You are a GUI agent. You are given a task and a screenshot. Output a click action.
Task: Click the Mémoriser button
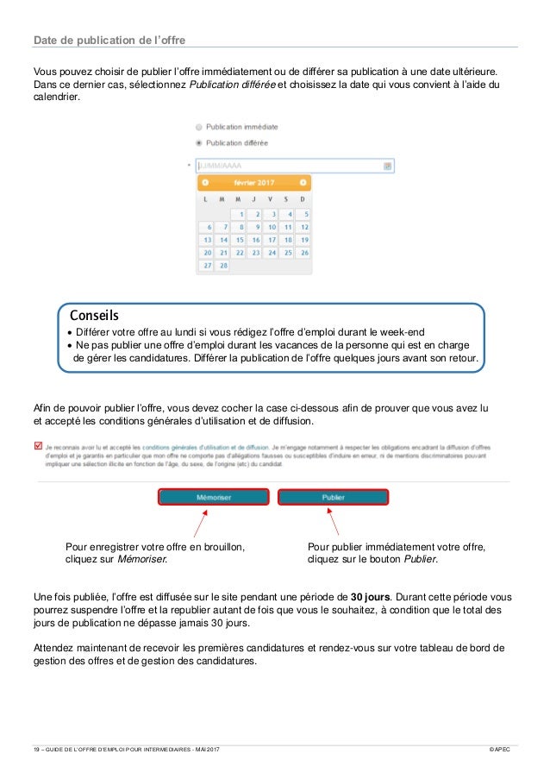(213, 497)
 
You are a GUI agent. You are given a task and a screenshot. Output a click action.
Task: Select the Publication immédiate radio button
(199, 127)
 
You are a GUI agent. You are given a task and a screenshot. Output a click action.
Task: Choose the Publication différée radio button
(199, 142)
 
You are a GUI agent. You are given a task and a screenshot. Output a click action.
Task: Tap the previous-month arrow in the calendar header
(205, 183)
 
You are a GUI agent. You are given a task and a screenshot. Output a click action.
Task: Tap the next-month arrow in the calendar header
(303, 183)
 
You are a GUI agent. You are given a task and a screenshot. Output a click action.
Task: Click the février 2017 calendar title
(253, 183)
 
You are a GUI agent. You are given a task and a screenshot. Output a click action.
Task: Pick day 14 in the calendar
(222, 240)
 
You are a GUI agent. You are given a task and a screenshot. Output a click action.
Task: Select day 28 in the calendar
(222, 266)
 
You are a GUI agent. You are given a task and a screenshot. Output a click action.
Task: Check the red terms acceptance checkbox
(37, 447)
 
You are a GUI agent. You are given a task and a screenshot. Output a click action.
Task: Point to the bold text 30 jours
(371, 596)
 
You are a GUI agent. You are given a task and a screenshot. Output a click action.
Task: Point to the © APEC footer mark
(499, 750)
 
